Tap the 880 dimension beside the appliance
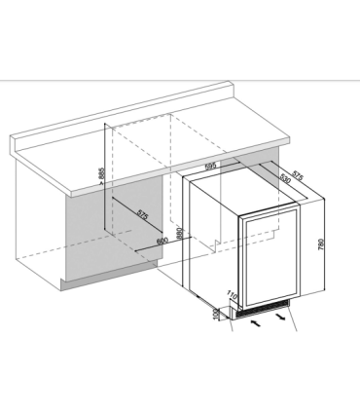pos(181,236)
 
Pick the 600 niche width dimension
pos(162,241)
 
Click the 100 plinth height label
pos(216,313)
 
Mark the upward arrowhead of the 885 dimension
pos(102,126)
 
